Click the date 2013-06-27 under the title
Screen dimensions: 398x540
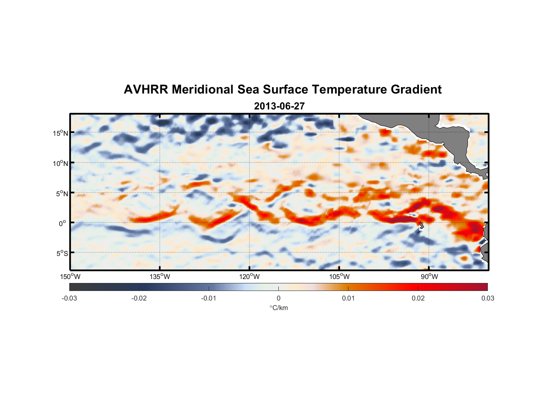click(279, 106)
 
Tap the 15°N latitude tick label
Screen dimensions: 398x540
click(61, 133)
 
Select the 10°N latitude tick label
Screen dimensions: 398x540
click(61, 163)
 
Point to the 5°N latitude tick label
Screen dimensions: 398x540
click(62, 193)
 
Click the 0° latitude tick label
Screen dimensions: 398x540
click(63, 223)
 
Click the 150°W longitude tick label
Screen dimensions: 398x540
click(70, 277)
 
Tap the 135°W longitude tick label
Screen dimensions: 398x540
click(160, 277)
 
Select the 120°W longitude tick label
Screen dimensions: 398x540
click(249, 277)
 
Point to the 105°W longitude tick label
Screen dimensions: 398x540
click(339, 277)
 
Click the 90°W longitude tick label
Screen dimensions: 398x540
click(429, 277)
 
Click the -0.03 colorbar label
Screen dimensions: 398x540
click(69, 298)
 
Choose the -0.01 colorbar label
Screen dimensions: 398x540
click(208, 298)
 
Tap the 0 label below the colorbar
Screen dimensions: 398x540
click(278, 298)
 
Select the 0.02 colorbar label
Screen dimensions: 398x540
click(418, 298)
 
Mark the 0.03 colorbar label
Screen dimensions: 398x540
click(487, 298)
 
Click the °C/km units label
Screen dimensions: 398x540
click(278, 308)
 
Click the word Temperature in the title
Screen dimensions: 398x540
click(349, 90)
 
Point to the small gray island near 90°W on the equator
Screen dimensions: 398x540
click(421, 226)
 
